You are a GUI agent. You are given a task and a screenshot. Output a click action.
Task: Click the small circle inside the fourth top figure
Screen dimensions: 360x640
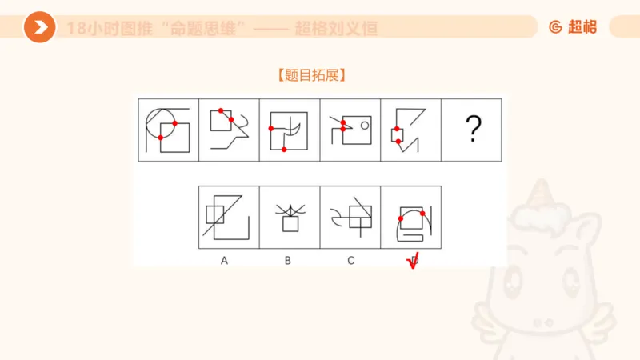[x=363, y=124]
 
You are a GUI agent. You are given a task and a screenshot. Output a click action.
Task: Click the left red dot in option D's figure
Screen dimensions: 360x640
[x=401, y=218]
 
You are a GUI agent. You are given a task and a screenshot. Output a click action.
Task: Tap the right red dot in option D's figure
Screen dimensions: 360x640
[x=422, y=214]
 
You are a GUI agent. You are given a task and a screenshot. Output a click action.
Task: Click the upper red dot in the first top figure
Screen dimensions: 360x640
[x=174, y=123]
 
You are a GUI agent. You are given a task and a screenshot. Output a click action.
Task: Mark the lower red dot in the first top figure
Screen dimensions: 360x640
[x=161, y=138]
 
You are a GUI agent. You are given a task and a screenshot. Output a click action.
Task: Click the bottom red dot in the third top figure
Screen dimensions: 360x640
[x=284, y=150]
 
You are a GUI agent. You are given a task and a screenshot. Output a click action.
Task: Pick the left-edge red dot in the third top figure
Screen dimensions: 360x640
[x=271, y=128]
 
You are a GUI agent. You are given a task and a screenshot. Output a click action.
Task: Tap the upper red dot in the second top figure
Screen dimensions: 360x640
[x=220, y=110]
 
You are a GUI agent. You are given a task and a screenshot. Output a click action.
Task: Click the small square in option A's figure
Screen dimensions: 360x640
[x=215, y=214]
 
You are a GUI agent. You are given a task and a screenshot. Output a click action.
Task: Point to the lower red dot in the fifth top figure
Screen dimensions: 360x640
[x=398, y=141]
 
